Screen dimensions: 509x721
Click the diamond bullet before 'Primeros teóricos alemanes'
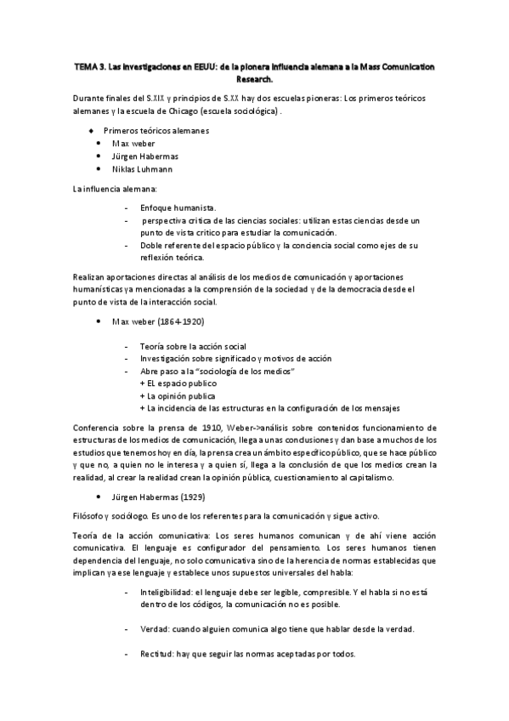coord(91,131)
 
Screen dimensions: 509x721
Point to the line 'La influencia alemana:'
coord(110,188)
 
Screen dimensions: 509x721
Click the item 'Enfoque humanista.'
coord(178,207)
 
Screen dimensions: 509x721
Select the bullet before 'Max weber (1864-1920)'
coord(99,322)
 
